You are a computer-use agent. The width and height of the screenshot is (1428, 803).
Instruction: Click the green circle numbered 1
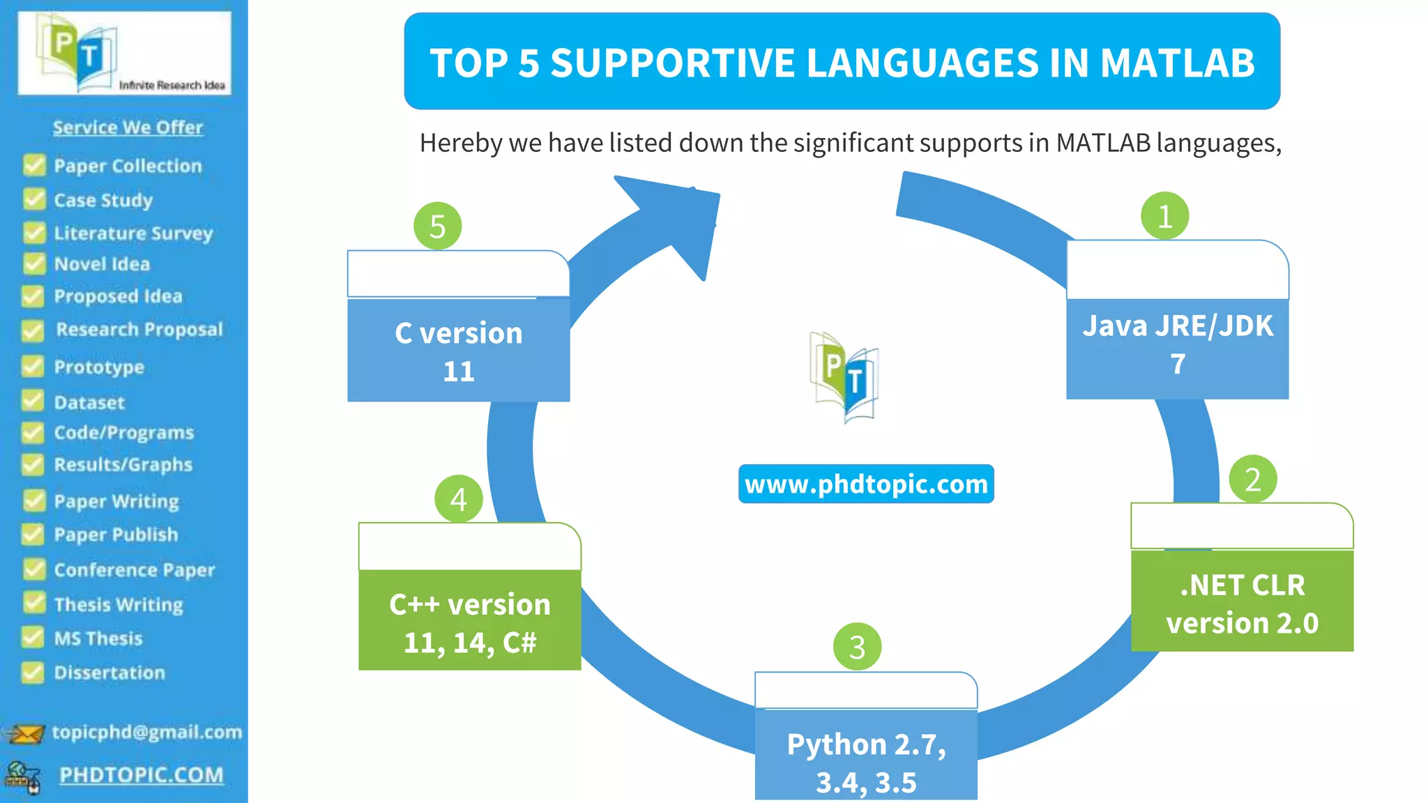coord(1164,216)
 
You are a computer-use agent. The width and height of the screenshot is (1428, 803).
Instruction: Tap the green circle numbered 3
coord(857,647)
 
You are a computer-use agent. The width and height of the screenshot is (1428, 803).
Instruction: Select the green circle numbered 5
coord(437,226)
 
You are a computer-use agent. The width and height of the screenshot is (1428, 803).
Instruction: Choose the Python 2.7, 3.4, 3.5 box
coord(866,756)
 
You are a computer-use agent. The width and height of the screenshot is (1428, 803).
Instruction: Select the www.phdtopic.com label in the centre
coord(866,484)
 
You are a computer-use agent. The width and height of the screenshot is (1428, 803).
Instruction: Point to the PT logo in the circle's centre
coord(844,377)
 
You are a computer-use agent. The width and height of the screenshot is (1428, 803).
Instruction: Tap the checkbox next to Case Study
coord(34,199)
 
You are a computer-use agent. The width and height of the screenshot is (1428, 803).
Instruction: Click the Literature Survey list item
coord(132,233)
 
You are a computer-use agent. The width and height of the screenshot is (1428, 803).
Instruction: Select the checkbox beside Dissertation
coord(33,672)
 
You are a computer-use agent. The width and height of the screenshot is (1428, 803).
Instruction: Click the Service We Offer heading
coord(128,128)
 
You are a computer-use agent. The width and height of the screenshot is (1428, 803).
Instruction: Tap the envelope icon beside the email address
coord(26,733)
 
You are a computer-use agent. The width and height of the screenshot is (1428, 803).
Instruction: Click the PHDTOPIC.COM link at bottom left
coord(141,775)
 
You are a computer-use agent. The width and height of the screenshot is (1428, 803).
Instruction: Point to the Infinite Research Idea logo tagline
coord(172,85)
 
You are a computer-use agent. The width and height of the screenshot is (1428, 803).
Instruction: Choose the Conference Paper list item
coord(134,569)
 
